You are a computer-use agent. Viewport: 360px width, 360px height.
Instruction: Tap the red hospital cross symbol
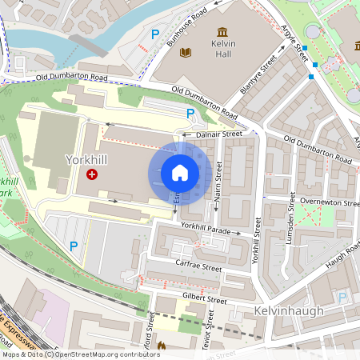(92, 174)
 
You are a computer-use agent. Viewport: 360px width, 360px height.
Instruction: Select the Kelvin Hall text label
(222, 50)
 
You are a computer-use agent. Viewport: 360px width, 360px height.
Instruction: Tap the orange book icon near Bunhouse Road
(186, 53)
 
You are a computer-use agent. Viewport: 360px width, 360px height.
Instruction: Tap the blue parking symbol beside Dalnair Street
(190, 114)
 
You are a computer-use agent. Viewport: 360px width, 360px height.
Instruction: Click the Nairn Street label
(218, 181)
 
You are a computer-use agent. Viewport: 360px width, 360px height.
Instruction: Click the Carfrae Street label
(198, 267)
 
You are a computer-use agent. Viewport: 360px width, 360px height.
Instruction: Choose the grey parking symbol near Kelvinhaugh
(342, 298)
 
